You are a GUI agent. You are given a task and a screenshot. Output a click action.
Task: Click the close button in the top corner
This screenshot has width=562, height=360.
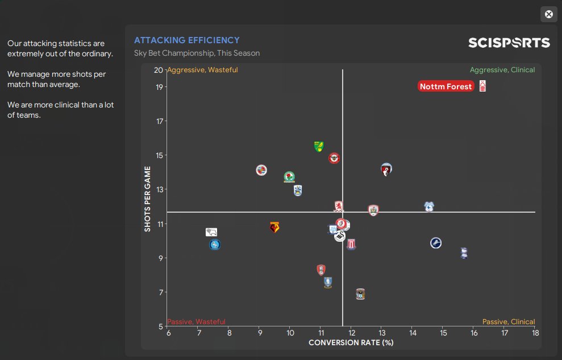[548, 15]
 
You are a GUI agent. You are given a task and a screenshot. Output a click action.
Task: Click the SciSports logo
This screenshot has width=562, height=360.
[509, 43]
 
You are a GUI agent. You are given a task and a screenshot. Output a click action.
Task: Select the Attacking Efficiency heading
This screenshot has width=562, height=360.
[187, 40]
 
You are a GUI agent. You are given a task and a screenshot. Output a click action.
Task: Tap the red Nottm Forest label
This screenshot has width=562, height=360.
[446, 86]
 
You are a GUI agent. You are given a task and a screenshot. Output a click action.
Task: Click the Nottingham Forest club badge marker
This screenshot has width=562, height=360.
[482, 86]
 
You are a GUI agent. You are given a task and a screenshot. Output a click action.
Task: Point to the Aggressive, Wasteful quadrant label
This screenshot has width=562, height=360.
[203, 70]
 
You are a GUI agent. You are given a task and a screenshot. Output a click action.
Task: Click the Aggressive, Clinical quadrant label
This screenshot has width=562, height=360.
[502, 70]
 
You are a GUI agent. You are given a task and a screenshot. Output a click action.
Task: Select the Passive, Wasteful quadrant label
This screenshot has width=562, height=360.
[197, 322]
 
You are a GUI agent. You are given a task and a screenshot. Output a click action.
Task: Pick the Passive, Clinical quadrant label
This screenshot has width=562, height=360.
[509, 322]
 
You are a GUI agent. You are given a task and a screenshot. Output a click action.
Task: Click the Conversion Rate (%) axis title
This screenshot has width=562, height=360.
[351, 343]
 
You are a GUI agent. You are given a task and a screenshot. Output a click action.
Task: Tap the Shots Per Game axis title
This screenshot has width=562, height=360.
[148, 198]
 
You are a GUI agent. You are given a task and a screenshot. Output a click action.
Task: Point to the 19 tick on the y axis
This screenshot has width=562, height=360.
[159, 87]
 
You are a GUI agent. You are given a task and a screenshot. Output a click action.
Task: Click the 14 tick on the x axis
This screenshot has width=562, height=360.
[413, 333]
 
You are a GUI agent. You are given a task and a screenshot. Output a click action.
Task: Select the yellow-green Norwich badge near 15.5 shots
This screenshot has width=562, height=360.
[318, 147]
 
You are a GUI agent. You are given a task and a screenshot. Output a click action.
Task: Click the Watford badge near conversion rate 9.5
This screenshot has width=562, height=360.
[274, 227]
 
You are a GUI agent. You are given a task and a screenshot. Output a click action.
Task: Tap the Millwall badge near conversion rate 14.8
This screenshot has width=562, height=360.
[436, 243]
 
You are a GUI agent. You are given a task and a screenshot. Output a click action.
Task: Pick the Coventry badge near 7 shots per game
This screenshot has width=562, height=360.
[360, 294]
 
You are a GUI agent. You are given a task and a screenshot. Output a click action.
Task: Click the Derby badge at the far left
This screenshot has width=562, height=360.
[211, 232]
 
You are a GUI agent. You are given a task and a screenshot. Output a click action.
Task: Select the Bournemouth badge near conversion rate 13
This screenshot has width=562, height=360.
[386, 169]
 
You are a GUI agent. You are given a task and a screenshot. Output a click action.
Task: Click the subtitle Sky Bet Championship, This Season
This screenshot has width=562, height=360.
[197, 53]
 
